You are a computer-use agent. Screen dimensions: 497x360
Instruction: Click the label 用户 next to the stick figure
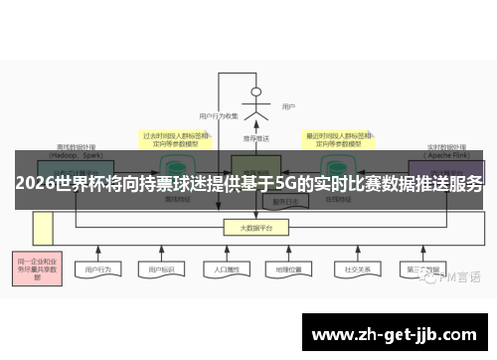pyautogui.click(x=288, y=106)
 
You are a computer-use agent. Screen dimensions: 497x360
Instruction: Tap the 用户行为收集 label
pyautogui.click(x=219, y=116)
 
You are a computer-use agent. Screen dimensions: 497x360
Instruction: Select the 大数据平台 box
pyautogui.click(x=255, y=228)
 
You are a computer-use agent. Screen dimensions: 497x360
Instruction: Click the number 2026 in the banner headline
pyautogui.click(x=36, y=184)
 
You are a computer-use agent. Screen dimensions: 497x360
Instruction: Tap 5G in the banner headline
pyautogui.click(x=284, y=184)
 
